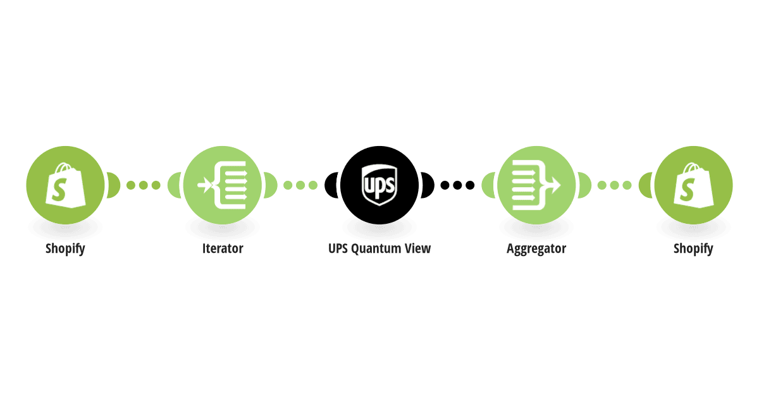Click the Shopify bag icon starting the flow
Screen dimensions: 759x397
[x=65, y=185]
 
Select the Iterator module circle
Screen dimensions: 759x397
[x=222, y=185]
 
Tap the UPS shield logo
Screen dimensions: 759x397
[x=379, y=185]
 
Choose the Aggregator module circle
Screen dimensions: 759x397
[x=536, y=185]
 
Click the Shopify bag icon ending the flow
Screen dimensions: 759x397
[x=693, y=185]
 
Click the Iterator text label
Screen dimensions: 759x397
[x=223, y=248]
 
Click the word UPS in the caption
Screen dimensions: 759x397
[x=338, y=248]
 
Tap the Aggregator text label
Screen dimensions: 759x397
[x=536, y=249]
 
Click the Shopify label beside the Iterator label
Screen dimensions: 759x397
[x=65, y=249]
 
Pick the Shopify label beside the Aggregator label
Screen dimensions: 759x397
[x=693, y=249]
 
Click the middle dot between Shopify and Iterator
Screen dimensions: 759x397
[x=144, y=185]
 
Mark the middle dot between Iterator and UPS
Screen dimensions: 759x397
[x=300, y=185]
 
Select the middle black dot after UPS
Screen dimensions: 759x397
[x=457, y=185]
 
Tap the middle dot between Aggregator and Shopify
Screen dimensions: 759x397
[x=615, y=185]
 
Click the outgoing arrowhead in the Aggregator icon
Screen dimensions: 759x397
[x=555, y=185]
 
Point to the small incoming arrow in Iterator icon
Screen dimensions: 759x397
[x=204, y=185]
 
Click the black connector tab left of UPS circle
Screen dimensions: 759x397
[x=331, y=185]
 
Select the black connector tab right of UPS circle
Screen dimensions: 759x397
[x=428, y=185]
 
